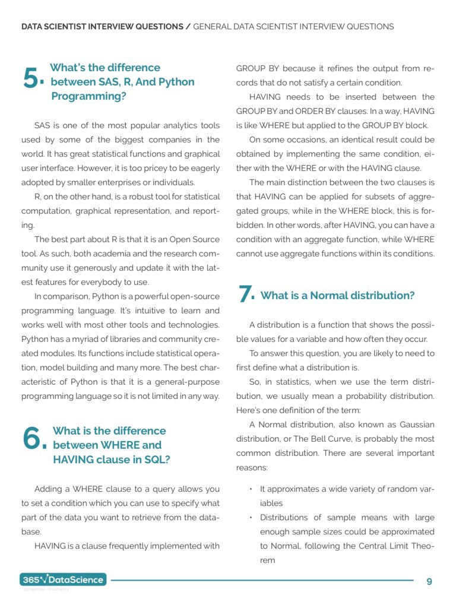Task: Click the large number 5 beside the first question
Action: pyautogui.click(x=31, y=78)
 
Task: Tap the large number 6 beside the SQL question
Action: pyautogui.click(x=33, y=439)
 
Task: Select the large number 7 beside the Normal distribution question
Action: pyautogui.click(x=245, y=294)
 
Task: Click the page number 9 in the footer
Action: pyautogui.click(x=429, y=581)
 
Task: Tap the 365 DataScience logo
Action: pyautogui.click(x=64, y=579)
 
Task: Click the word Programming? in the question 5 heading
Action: pyautogui.click(x=88, y=96)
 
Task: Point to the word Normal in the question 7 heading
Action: pyautogui.click(x=330, y=296)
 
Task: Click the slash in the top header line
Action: pyautogui.click(x=188, y=27)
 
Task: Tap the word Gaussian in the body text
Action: pyautogui.click(x=414, y=425)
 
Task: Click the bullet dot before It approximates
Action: pyautogui.click(x=251, y=489)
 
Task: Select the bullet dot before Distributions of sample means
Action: pyautogui.click(x=251, y=518)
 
